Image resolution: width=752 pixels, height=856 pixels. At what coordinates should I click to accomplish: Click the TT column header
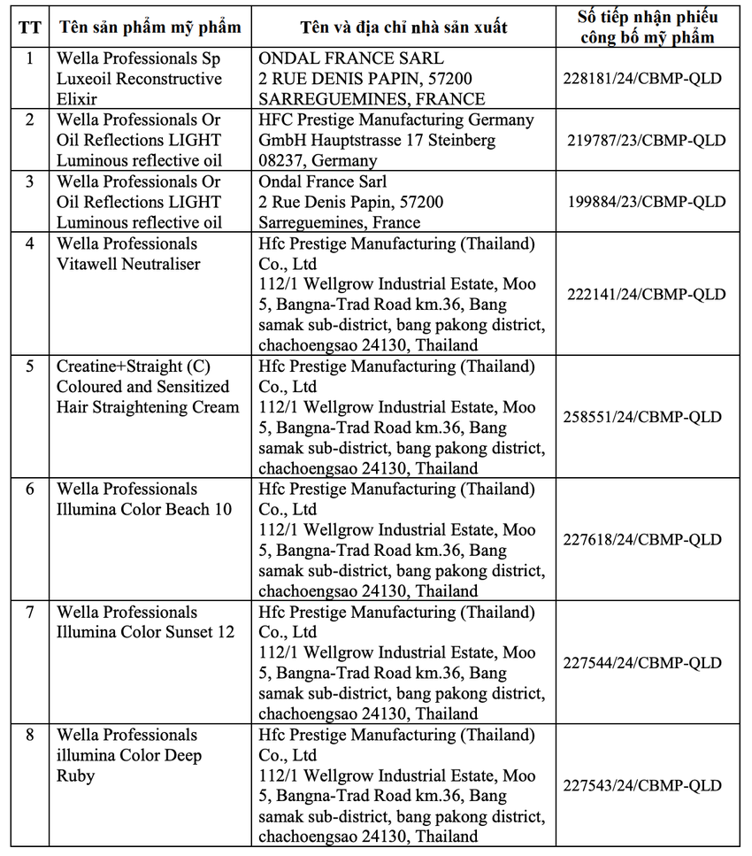tap(29, 27)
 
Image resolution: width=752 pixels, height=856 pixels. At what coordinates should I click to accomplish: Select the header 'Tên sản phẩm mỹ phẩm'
tap(150, 27)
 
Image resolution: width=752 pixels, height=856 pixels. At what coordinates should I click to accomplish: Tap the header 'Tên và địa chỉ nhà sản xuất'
tap(403, 27)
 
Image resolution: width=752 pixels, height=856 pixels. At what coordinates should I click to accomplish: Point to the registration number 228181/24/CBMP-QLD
tap(642, 79)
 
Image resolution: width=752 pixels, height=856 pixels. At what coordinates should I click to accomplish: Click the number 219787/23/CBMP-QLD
tap(647, 140)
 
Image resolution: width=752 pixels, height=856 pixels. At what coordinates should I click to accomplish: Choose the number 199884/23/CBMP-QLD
tap(647, 202)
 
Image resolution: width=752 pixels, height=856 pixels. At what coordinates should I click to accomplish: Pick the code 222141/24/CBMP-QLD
tap(643, 294)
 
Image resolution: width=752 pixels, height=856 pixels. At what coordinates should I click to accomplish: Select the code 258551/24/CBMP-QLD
tap(643, 417)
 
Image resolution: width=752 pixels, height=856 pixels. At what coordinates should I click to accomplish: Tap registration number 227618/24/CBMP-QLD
tap(643, 540)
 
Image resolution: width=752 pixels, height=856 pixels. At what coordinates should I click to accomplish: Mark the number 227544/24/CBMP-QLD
tap(643, 663)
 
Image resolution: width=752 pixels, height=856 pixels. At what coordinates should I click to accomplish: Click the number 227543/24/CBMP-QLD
tap(643, 786)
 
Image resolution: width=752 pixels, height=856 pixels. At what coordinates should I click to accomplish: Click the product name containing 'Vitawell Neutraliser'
tap(128, 264)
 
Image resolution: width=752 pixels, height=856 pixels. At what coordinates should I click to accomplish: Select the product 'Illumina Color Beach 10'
tap(144, 509)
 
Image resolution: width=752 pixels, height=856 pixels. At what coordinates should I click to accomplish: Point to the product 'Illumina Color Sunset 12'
tap(146, 632)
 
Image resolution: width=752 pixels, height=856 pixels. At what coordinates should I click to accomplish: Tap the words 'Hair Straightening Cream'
tap(148, 407)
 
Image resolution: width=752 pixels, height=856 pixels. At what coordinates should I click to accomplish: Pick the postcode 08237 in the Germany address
tap(282, 161)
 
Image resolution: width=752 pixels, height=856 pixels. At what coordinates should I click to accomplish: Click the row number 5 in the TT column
tap(29, 366)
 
